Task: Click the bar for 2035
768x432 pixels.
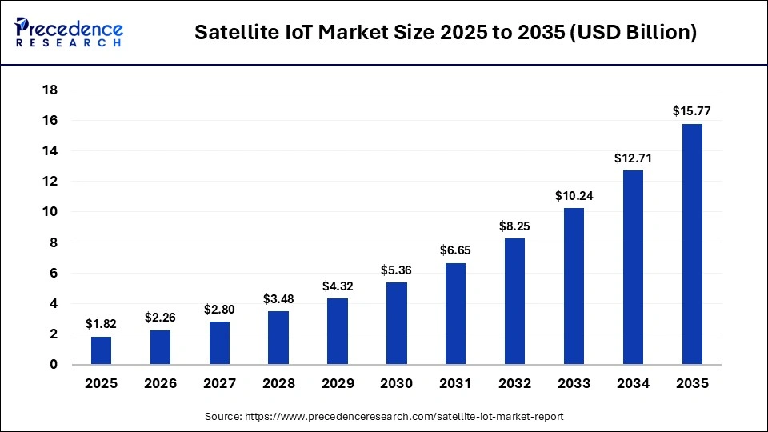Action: pyautogui.click(x=692, y=244)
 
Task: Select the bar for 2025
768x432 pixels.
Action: pyautogui.click(x=102, y=350)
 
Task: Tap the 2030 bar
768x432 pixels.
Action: pyautogui.click(x=397, y=323)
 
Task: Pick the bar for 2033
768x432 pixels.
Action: pyautogui.click(x=574, y=286)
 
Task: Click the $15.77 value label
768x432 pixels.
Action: pyautogui.click(x=692, y=111)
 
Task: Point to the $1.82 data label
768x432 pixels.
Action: pyautogui.click(x=102, y=324)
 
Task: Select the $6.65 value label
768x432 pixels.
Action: pyautogui.click(x=456, y=250)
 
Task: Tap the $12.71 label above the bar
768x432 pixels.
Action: pyautogui.click(x=633, y=158)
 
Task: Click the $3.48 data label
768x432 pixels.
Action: pyautogui.click(x=278, y=298)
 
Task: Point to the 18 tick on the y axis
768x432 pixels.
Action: pyautogui.click(x=50, y=90)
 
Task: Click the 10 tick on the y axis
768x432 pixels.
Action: pyautogui.click(x=50, y=212)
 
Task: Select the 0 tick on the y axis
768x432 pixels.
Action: pyautogui.click(x=54, y=365)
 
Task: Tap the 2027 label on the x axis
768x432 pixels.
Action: pyautogui.click(x=219, y=384)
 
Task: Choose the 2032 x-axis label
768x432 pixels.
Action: pyautogui.click(x=514, y=384)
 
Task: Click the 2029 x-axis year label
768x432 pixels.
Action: pyautogui.click(x=338, y=384)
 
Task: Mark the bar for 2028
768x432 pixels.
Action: pyautogui.click(x=278, y=338)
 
